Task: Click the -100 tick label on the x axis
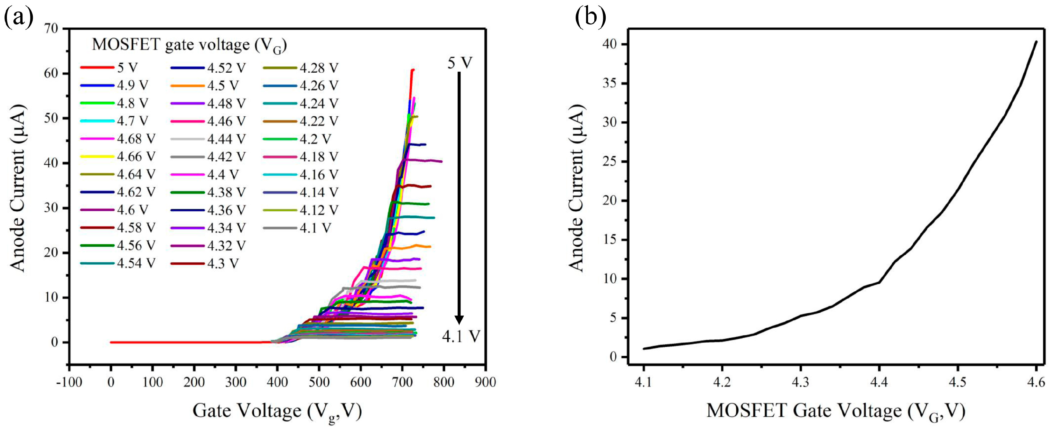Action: (x=69, y=382)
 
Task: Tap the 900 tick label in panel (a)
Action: (x=485, y=382)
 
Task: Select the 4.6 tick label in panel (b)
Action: (x=1036, y=382)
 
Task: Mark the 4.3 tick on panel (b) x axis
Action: (x=800, y=382)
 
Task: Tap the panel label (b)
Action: (x=590, y=17)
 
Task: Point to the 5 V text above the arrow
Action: (x=460, y=63)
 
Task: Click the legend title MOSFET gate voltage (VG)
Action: (x=189, y=45)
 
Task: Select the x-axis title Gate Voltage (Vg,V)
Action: (x=277, y=411)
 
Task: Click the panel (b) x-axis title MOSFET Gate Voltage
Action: (x=836, y=411)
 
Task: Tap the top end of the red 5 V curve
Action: (x=413, y=70)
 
